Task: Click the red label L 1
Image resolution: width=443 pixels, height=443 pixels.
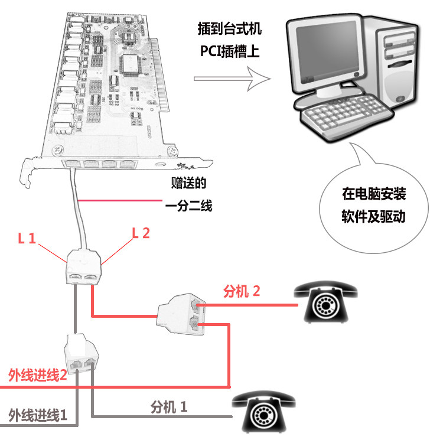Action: tap(27, 239)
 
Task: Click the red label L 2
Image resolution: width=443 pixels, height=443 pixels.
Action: tap(141, 232)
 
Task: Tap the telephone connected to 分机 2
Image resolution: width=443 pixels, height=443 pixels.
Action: tap(326, 301)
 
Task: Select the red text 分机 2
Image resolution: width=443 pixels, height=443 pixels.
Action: tap(241, 291)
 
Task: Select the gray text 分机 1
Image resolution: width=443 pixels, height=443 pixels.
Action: tap(170, 406)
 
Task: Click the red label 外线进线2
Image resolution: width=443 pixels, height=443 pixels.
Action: tap(37, 375)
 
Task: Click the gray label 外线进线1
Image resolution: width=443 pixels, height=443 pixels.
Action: tap(37, 415)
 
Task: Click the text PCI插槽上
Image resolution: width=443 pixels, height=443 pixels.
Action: tap(230, 51)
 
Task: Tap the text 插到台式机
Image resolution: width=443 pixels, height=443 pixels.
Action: tap(230, 28)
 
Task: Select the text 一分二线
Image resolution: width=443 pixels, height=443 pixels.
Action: tap(188, 206)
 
